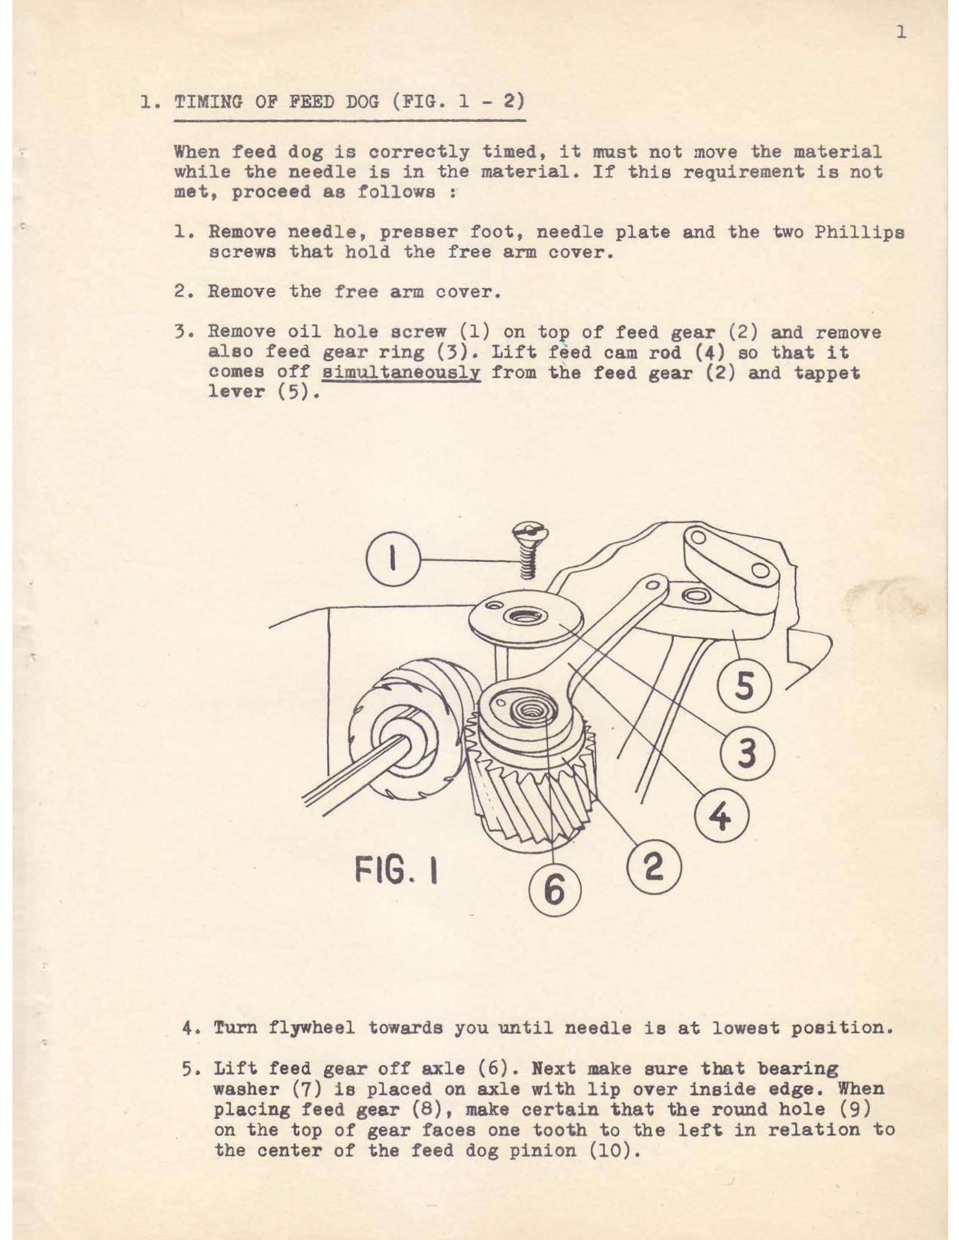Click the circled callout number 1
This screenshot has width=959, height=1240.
coord(393,561)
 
